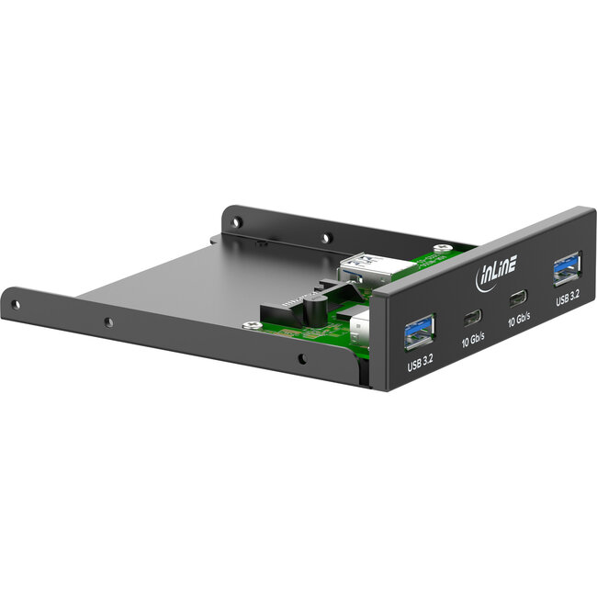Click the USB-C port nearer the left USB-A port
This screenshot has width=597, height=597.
tap(472, 318)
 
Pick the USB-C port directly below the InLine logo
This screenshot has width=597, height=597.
tap(519, 298)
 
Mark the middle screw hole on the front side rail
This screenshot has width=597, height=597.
tap(108, 322)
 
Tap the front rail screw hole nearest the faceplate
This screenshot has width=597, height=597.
tap(304, 355)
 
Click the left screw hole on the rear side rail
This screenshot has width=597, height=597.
tap(236, 221)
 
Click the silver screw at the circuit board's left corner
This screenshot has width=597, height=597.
tap(248, 325)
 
